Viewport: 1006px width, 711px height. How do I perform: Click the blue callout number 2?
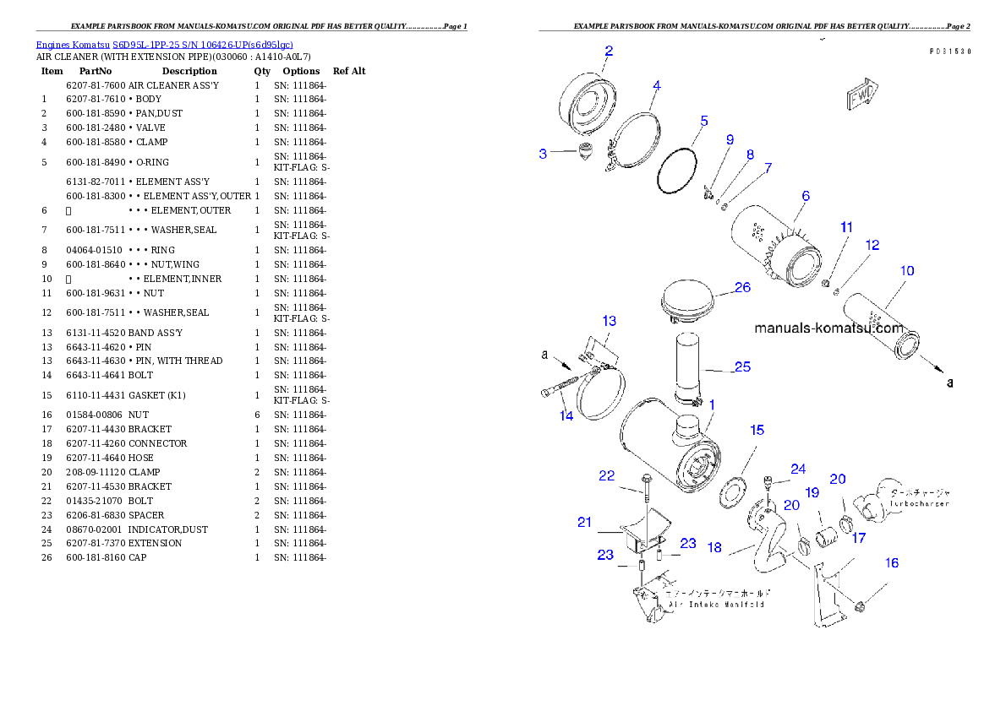(x=608, y=51)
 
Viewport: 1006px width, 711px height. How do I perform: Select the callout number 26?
(x=742, y=287)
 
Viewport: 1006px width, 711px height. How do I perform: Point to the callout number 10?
(x=906, y=271)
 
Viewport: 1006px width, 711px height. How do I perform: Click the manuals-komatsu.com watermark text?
(x=828, y=328)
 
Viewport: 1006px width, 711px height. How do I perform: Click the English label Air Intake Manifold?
(x=716, y=605)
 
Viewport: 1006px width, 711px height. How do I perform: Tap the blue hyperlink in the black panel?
(x=164, y=45)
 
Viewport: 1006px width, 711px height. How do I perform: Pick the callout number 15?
(x=757, y=430)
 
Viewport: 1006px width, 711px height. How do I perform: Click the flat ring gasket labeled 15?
(x=729, y=490)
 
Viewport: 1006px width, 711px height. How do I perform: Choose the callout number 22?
(x=606, y=475)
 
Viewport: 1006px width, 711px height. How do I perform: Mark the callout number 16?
(x=892, y=562)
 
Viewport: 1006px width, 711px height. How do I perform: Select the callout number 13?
(x=609, y=321)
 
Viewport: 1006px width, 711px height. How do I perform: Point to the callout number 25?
(x=742, y=366)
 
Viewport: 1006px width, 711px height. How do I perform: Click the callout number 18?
(x=714, y=547)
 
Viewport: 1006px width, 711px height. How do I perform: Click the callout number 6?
(x=806, y=196)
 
